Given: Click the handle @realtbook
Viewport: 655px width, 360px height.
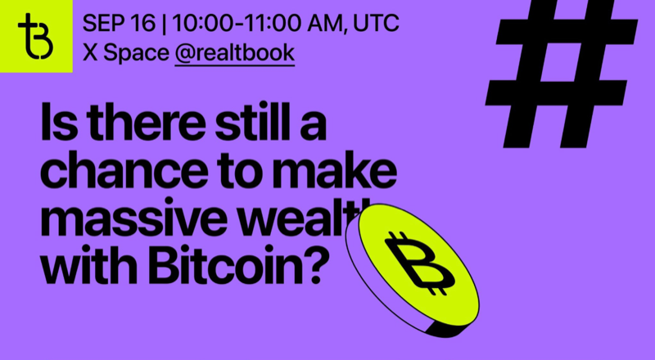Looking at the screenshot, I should coord(234,54).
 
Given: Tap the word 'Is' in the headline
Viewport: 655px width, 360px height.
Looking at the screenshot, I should coord(56,128).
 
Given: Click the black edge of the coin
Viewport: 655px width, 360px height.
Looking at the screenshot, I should coord(368,295).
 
